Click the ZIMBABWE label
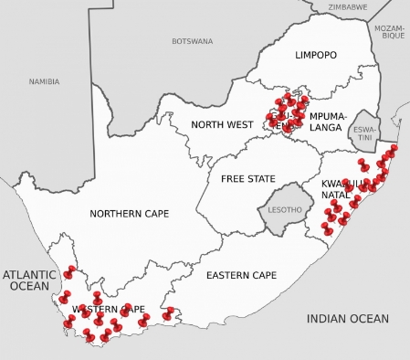click(348, 6)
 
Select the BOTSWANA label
click(192, 41)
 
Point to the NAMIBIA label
click(44, 81)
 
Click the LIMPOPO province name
click(315, 56)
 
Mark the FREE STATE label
click(247, 178)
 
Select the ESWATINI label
click(364, 134)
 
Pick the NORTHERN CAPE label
click(129, 214)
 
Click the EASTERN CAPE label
click(241, 275)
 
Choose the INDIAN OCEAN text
click(348, 319)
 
